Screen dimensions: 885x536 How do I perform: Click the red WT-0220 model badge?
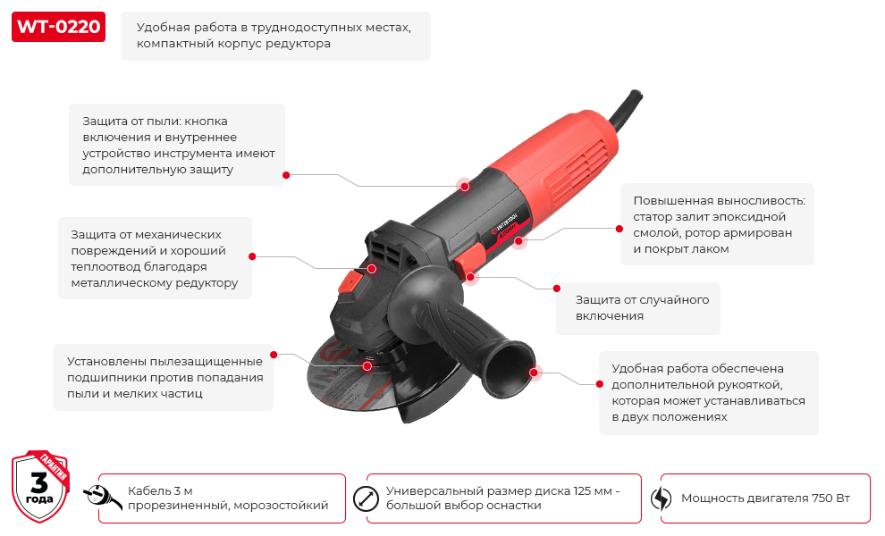pyautogui.click(x=58, y=27)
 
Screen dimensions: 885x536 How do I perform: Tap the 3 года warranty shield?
pyautogui.click(x=40, y=486)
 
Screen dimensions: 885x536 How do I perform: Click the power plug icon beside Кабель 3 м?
pyautogui.click(x=102, y=497)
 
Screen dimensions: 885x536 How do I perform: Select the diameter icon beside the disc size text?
pyautogui.click(x=366, y=498)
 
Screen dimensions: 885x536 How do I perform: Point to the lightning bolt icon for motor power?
pyautogui.click(x=661, y=498)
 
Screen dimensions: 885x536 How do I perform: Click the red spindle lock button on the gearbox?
pyautogui.click(x=350, y=281)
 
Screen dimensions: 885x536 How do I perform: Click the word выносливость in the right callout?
pyautogui.click(x=762, y=200)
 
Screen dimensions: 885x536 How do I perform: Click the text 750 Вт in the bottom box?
pyautogui.click(x=830, y=498)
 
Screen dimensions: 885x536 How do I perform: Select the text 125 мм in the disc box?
pyautogui.click(x=593, y=490)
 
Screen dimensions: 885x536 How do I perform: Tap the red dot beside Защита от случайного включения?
pyautogui.click(x=557, y=289)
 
